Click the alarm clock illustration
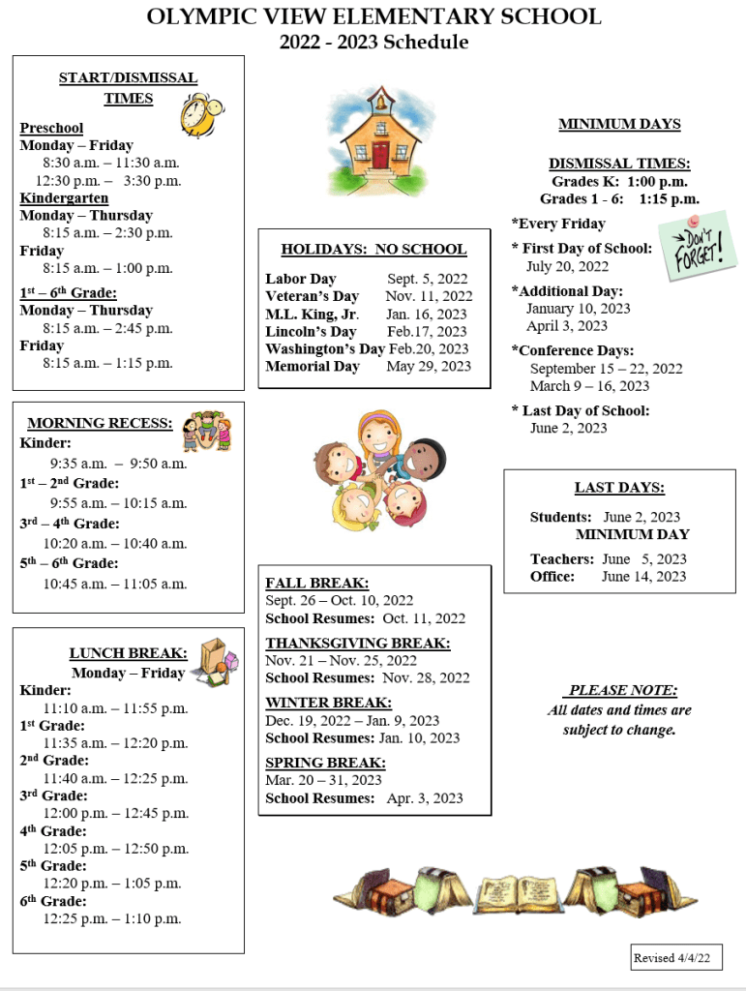click(x=198, y=114)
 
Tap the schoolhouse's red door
click(x=379, y=154)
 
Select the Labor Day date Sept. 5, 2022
click(x=427, y=279)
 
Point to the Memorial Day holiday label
click(x=313, y=366)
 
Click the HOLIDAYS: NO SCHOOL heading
click(x=373, y=249)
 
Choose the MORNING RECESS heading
click(x=101, y=423)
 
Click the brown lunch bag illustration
click(x=213, y=660)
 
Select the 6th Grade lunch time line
click(x=111, y=918)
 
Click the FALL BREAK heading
click(x=316, y=583)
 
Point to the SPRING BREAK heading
click(x=325, y=763)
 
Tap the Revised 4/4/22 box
click(x=676, y=957)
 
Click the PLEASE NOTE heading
click(x=620, y=690)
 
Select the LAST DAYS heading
click(x=619, y=488)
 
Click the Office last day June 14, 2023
click(x=643, y=576)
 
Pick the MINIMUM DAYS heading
click(x=619, y=124)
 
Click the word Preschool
click(x=51, y=128)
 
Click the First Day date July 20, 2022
click(x=567, y=266)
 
